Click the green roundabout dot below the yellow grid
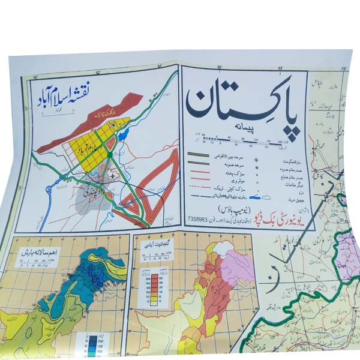[112, 154]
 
